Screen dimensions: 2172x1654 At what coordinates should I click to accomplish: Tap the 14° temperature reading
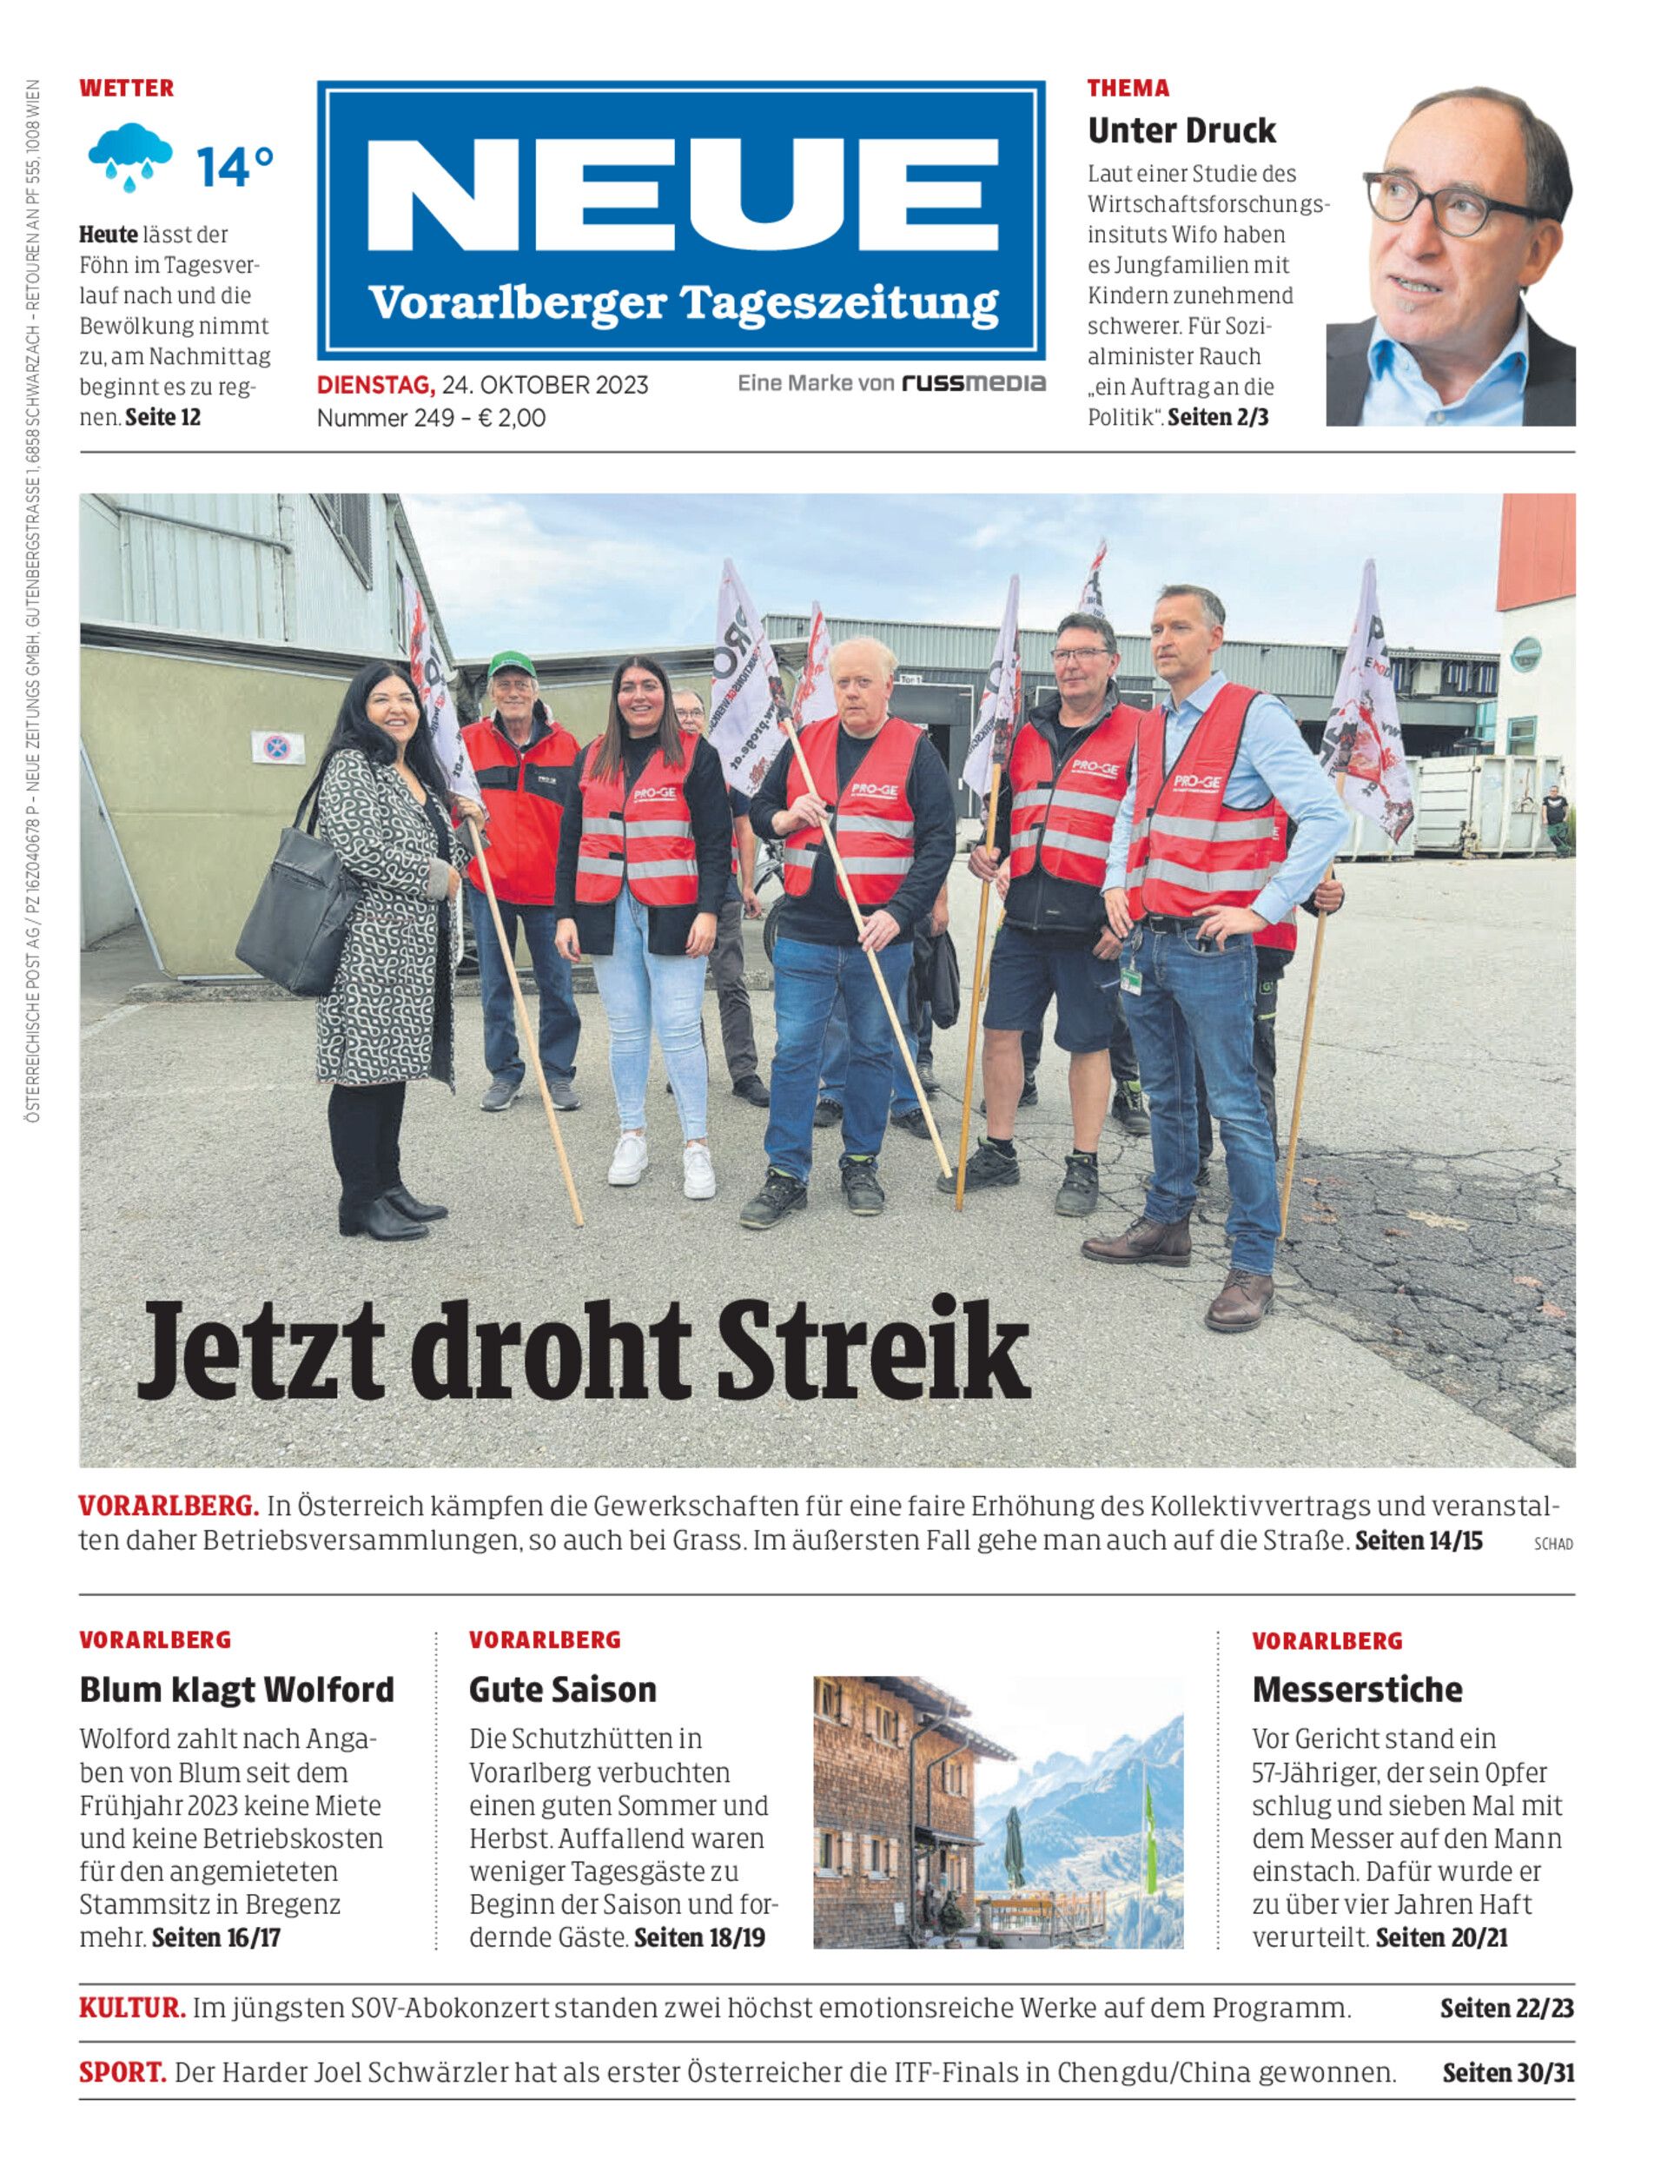(x=235, y=167)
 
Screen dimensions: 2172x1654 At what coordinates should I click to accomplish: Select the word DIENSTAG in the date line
(x=374, y=385)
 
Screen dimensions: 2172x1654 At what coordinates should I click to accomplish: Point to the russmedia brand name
(x=974, y=383)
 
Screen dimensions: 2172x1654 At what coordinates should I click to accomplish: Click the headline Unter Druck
(x=1181, y=130)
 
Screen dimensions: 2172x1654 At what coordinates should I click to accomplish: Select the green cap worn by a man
(x=512, y=664)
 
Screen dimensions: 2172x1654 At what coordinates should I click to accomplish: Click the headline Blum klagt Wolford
(x=236, y=1690)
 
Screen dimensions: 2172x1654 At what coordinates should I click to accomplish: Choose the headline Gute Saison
(x=562, y=1690)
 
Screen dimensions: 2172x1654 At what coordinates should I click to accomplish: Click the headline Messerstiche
(x=1357, y=1690)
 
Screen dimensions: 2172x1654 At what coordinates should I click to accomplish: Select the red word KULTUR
(x=132, y=2008)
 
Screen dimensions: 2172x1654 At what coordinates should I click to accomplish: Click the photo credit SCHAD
(x=1552, y=1545)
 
